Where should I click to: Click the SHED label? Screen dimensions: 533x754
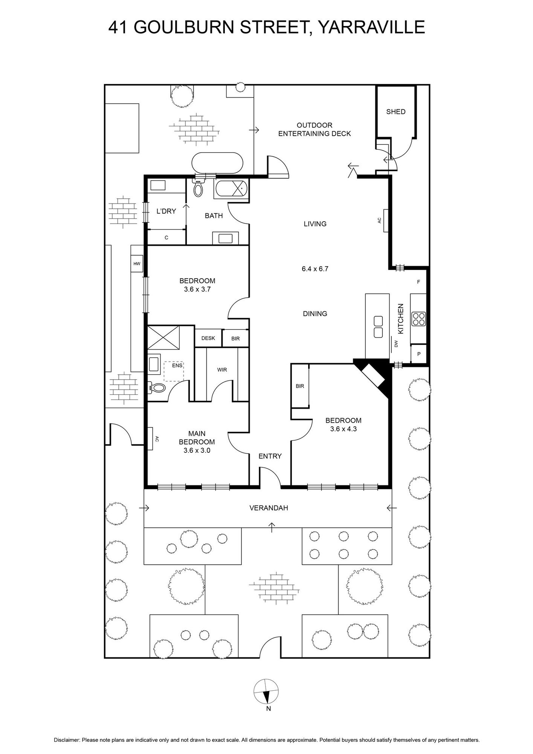pos(396,112)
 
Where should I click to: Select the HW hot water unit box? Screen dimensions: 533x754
pos(137,264)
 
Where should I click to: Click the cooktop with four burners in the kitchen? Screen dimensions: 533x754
pos(418,319)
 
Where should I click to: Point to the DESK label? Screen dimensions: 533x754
pos(208,338)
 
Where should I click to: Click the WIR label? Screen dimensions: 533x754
pos(222,370)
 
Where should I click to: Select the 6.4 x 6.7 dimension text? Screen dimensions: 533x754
pos(315,269)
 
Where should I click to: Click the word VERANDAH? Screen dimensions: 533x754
pos(269,508)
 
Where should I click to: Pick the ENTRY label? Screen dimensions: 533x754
pos(270,456)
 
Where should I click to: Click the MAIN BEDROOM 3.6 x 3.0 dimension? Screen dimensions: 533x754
pos(197,450)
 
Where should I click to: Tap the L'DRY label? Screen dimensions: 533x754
pos(166,211)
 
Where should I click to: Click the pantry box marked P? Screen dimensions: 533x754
pos(418,354)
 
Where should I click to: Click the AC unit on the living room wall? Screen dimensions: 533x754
pos(386,221)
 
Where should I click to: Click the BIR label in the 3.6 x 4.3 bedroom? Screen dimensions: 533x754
pos(300,386)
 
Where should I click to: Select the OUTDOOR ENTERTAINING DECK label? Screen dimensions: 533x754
pos(315,129)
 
